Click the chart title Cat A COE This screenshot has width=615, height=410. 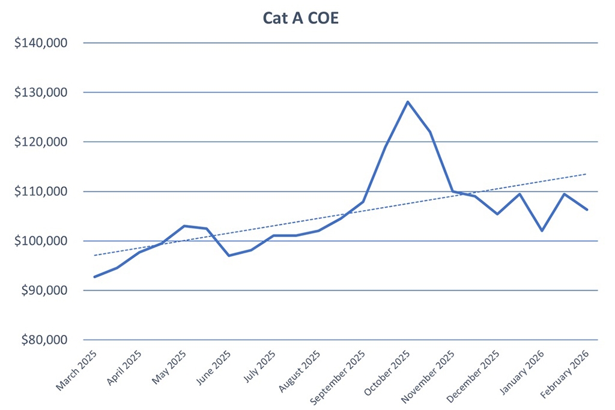[301, 18]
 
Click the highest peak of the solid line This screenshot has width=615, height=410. [408, 101]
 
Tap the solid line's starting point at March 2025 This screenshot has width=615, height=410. [94, 277]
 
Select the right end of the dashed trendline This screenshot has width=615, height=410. [586, 174]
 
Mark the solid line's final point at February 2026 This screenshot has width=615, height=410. [587, 210]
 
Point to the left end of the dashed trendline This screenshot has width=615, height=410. [94, 255]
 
